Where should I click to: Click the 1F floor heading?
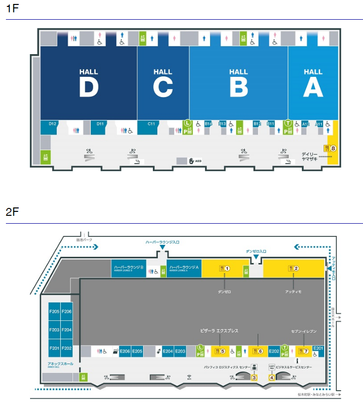click(x=12, y=10)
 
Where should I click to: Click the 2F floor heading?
click(x=12, y=212)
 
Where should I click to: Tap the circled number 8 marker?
click(x=333, y=148)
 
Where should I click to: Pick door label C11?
click(x=151, y=124)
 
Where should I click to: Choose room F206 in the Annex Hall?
click(x=67, y=311)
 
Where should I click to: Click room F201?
click(x=54, y=348)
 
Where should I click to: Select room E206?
click(x=125, y=351)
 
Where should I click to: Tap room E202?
click(x=274, y=351)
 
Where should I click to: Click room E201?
click(x=318, y=348)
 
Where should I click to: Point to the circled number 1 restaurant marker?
click(x=227, y=269)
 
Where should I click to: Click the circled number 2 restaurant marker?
click(x=296, y=269)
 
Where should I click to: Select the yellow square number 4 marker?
click(x=272, y=378)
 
